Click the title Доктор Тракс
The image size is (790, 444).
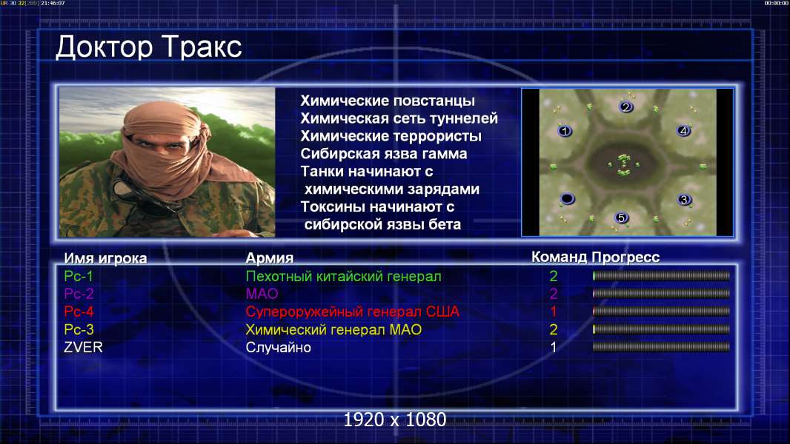tap(149, 47)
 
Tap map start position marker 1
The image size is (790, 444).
tap(565, 131)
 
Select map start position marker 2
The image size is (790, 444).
tap(625, 107)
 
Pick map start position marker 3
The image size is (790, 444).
tap(684, 200)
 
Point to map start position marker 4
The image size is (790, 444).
tap(683, 131)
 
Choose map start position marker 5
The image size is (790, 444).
tap(622, 218)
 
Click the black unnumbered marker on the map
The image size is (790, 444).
tap(567, 198)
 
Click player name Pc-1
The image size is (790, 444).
tap(79, 276)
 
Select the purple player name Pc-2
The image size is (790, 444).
tap(79, 294)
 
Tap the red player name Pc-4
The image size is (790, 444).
tap(79, 312)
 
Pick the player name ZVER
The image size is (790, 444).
tap(83, 347)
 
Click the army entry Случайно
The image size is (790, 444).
tap(278, 348)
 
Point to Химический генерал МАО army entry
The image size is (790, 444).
tap(333, 330)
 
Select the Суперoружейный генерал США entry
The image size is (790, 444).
tap(353, 312)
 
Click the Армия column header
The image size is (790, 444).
tap(269, 258)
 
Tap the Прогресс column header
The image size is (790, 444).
tap(625, 258)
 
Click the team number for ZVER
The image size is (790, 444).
tap(553, 347)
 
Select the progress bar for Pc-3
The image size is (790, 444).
tap(661, 329)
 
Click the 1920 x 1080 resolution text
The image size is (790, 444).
tap(395, 420)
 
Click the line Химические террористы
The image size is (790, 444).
tap(391, 136)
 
